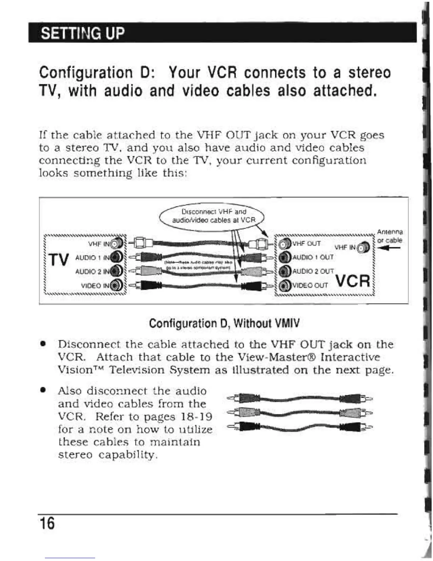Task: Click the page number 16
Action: pos(47,523)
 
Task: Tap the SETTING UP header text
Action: pos(83,34)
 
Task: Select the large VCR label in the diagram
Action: pos(353,281)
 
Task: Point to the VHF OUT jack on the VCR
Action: pos(284,244)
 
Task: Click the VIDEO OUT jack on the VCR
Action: pos(284,285)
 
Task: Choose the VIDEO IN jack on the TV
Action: pos(117,285)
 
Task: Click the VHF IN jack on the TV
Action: pos(117,244)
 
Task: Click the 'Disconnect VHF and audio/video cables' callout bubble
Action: pos(213,216)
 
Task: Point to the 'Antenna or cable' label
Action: pos(389,236)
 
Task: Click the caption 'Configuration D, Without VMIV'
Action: pos(224,323)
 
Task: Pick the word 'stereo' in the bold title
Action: pos(369,73)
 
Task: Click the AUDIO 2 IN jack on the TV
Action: pos(117,271)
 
